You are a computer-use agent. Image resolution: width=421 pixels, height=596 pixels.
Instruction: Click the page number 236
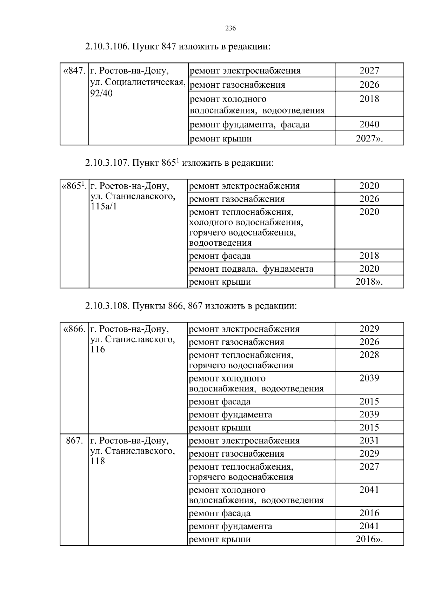[230, 29]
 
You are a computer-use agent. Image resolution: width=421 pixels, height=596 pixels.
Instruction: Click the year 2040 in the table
[369, 124]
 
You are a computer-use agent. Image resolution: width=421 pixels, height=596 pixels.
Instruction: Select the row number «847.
[74, 71]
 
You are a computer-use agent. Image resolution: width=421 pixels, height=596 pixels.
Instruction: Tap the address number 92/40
[101, 94]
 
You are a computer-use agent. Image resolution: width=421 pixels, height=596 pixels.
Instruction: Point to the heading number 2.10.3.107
[108, 163]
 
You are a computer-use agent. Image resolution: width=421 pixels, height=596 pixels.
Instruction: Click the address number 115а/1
[103, 206]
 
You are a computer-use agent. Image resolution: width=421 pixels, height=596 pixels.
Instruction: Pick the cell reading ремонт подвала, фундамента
[251, 269]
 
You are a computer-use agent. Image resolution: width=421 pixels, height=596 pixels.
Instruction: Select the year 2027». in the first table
[369, 139]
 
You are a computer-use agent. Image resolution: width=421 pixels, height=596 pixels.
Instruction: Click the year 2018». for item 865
[369, 282]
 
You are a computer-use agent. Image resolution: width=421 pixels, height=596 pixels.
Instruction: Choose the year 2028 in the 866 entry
[369, 355]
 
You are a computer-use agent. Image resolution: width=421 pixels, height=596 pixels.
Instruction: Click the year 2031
[369, 441]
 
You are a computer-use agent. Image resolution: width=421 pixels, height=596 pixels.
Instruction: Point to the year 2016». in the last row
[369, 539]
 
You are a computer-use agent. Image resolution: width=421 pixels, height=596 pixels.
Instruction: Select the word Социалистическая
[145, 82]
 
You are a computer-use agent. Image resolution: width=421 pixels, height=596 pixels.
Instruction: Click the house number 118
[98, 461]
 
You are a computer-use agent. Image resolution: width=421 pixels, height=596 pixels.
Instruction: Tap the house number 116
[98, 349]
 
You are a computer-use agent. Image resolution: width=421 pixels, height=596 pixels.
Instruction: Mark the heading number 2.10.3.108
[108, 306]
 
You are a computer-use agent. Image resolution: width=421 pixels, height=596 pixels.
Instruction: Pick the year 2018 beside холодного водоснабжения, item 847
[369, 99]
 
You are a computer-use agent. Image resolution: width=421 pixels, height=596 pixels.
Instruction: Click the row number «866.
[74, 329]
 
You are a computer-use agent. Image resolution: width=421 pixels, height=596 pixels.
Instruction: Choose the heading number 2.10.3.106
[108, 47]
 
